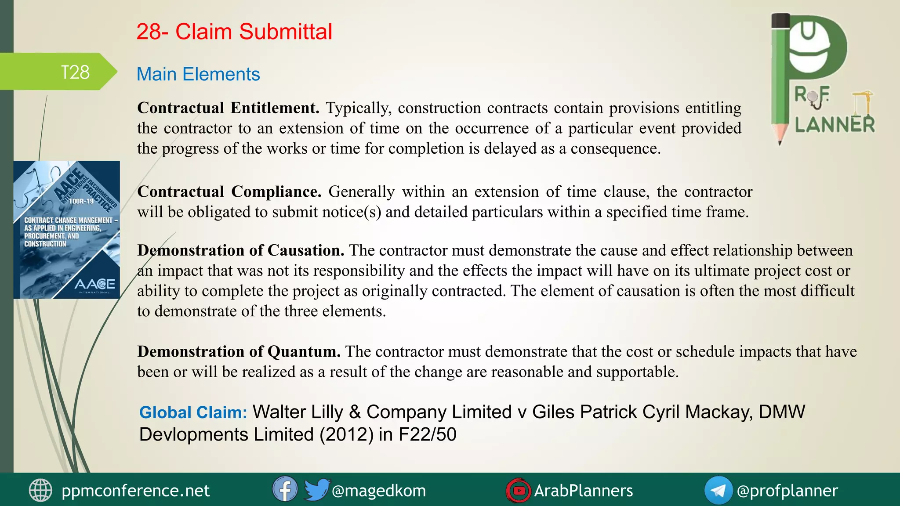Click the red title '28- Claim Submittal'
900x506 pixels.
pyautogui.click(x=234, y=32)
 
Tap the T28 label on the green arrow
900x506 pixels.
pyautogui.click(x=75, y=72)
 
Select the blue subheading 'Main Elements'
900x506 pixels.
pyautogui.click(x=198, y=74)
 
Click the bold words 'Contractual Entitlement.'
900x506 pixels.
pyautogui.click(x=228, y=108)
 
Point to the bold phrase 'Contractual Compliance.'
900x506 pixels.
pyautogui.click(x=229, y=192)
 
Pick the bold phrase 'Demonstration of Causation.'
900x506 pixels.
pyautogui.click(x=240, y=250)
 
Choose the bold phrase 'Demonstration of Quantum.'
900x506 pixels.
pyautogui.click(x=239, y=352)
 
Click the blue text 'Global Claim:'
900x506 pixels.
pyautogui.click(x=193, y=412)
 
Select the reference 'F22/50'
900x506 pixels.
pyautogui.click(x=427, y=435)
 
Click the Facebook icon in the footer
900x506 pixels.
pyautogui.click(x=285, y=489)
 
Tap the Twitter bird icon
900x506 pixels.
pyautogui.click(x=316, y=489)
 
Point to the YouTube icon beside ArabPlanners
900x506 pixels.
pyautogui.click(x=519, y=490)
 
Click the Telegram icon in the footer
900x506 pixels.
pyautogui.click(x=718, y=490)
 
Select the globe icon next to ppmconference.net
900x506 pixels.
pyautogui.click(x=40, y=490)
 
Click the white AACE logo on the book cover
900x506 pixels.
pyautogui.click(x=94, y=285)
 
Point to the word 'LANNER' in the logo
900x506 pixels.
pyautogui.click(x=835, y=125)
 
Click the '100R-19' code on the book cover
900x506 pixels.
pyautogui.click(x=82, y=202)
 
